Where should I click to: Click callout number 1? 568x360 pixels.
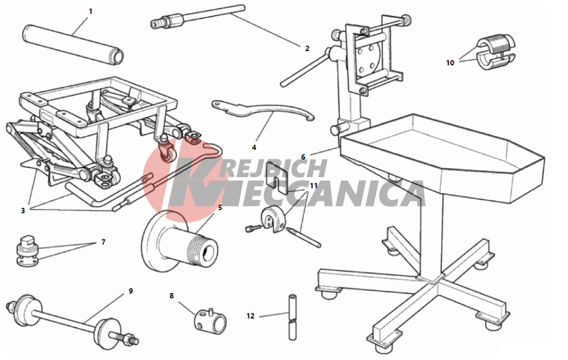(90, 11)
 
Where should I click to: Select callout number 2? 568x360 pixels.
(307, 48)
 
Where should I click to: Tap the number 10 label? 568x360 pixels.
(450, 62)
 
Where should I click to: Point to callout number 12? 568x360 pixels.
(250, 316)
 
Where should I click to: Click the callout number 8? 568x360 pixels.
(172, 295)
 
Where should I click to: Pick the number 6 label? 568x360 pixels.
(303, 157)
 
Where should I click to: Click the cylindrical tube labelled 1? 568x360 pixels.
(73, 44)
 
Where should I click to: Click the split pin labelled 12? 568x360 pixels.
(293, 317)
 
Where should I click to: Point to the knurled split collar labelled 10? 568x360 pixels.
(495, 52)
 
